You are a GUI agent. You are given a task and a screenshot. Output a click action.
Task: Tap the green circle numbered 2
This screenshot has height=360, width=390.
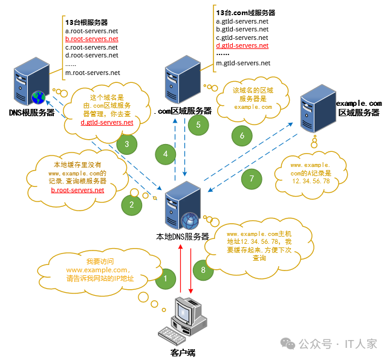131,205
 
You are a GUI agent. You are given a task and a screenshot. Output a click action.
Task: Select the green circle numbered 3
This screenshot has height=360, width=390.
126,144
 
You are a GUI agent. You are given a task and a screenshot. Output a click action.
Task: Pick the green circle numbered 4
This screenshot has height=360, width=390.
165,154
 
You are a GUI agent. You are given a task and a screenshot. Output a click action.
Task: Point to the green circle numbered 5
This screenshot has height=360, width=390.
198,125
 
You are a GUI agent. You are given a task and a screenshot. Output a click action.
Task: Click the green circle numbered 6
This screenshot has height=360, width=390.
242,136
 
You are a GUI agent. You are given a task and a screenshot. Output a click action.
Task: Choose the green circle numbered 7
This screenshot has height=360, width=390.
252,178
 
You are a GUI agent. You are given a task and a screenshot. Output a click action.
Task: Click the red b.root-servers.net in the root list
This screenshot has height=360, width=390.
92,39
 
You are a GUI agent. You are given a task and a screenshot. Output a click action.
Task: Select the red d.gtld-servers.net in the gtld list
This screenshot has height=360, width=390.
242,45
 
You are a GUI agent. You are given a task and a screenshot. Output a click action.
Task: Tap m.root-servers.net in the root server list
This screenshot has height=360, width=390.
93,73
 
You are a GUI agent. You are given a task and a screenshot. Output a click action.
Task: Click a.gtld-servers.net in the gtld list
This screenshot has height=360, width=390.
242,20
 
